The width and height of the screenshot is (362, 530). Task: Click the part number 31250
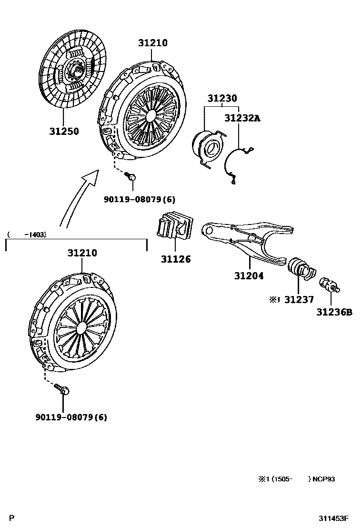tap(63, 131)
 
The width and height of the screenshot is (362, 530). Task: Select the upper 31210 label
tap(153, 43)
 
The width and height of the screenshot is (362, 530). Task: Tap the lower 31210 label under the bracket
tap(82, 253)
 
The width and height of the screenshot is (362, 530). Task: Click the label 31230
tap(222, 99)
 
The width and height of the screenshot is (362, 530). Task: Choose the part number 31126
tap(175, 260)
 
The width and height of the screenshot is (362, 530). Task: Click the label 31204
tap(249, 275)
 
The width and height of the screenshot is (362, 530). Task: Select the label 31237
tap(299, 299)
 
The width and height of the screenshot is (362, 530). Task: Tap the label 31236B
tap(334, 312)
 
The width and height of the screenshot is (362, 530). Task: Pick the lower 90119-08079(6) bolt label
tap(71, 418)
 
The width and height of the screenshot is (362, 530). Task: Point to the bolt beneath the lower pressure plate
tap(62, 389)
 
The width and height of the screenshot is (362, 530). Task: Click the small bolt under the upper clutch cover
tap(131, 177)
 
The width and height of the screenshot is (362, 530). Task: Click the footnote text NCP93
tap(324, 479)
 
